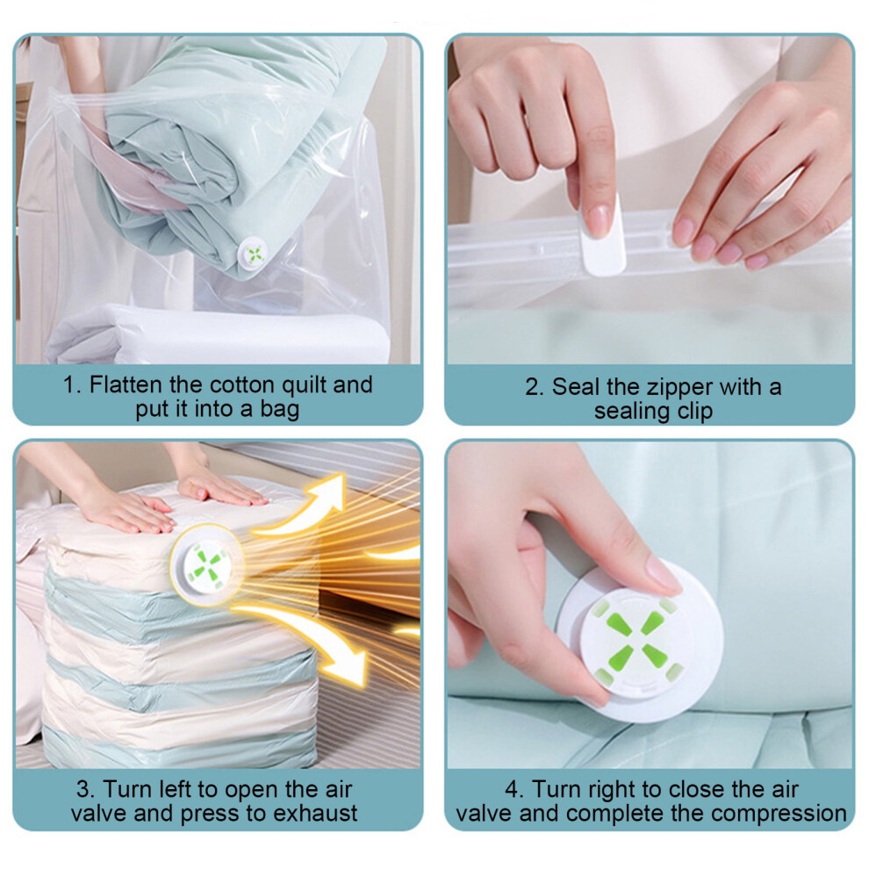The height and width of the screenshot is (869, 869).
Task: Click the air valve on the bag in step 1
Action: pos(254,255)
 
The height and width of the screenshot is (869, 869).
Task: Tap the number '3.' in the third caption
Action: pos(86,788)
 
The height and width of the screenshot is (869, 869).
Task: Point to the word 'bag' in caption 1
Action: pos(280,410)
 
